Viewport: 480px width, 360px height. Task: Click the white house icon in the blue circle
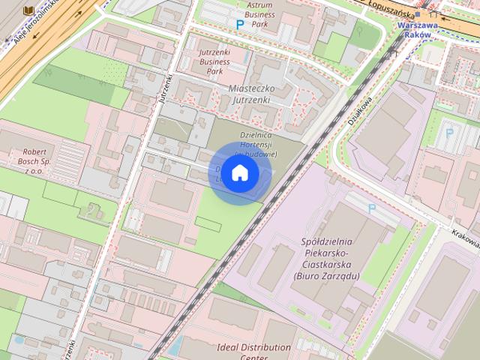click(240, 173)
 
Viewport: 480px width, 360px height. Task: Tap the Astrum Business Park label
click(259, 13)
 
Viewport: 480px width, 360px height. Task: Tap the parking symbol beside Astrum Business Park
click(240, 25)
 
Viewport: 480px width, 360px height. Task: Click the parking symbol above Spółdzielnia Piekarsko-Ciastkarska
click(371, 208)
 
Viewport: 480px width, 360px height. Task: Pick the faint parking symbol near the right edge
click(450, 133)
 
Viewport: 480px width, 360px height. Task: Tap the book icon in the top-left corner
click(28, 10)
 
